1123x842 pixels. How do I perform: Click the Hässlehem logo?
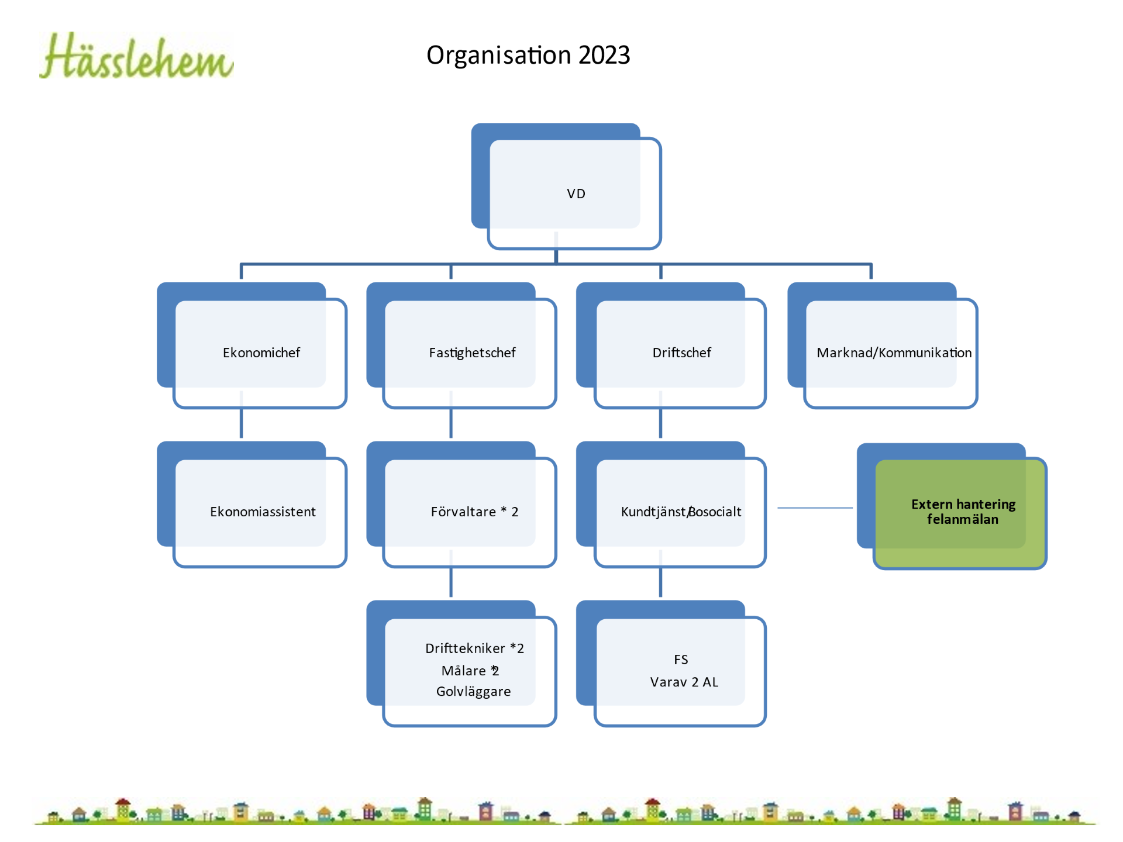[x=136, y=56]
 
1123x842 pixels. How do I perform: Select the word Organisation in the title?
[x=499, y=56]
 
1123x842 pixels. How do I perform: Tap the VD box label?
[x=576, y=194]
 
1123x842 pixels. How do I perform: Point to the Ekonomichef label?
[x=261, y=353]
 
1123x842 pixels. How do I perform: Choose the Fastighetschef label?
[x=472, y=353]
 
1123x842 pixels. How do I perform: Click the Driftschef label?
[x=681, y=353]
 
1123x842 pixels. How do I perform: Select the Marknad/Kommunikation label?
[x=894, y=353]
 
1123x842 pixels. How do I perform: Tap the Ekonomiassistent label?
[x=263, y=512]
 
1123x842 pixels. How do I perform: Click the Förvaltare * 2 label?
[x=474, y=512]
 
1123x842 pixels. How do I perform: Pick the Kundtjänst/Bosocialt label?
[x=681, y=512]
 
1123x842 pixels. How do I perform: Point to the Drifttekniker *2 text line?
[x=474, y=648]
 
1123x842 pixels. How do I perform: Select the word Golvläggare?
[x=473, y=692]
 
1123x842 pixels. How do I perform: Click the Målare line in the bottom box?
[x=470, y=671]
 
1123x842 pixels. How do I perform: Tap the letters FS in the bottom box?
[x=681, y=660]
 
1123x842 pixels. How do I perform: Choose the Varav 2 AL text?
[x=684, y=682]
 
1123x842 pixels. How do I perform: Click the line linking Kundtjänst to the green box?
[x=815, y=508]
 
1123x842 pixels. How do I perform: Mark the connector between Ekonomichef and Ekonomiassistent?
[x=241, y=423]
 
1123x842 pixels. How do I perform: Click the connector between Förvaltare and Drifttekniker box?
[x=451, y=582]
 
